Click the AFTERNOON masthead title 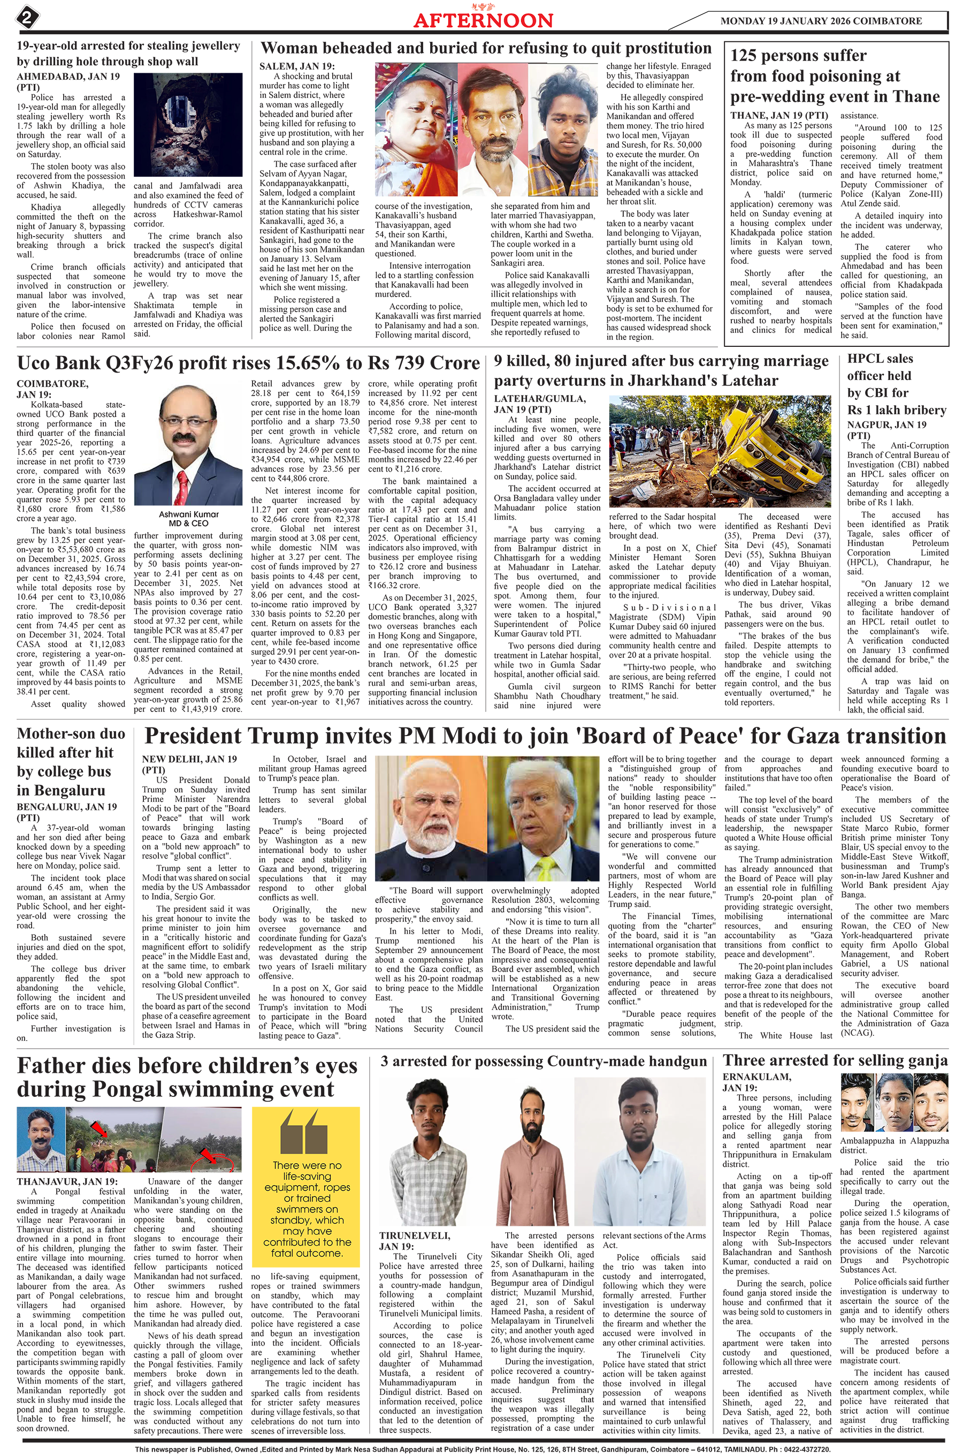coord(483,20)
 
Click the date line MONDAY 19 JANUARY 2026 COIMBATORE coord(821,21)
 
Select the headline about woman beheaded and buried coord(486,49)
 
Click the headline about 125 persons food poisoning coord(834,76)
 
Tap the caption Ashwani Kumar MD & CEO coord(188,519)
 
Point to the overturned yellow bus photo coord(719,452)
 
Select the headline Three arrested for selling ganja coord(835,1060)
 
